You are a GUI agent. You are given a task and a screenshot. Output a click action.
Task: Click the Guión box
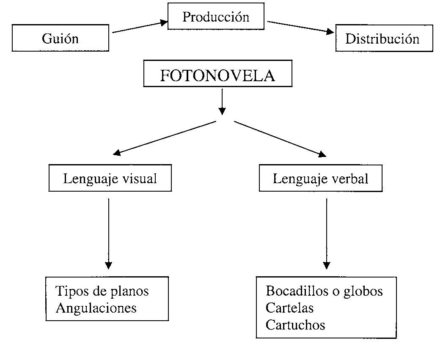point(60,38)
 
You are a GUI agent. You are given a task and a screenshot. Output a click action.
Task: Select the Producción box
point(216,16)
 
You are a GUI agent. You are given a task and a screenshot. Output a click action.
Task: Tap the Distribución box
point(384,38)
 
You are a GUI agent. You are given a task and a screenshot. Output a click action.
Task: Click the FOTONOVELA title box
point(218,74)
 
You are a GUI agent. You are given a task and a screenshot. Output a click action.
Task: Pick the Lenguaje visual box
point(110,178)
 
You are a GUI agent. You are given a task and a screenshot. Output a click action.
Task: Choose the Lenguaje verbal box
point(321,178)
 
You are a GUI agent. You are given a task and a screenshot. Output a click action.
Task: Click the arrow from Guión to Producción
point(140,27)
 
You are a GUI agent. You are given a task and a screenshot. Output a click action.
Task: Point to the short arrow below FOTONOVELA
point(223,102)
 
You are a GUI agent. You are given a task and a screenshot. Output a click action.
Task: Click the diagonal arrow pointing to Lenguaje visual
point(165,138)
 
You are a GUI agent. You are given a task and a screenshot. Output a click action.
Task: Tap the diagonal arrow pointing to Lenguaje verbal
point(280,139)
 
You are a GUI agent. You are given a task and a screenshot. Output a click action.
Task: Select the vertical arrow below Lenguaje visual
point(108,234)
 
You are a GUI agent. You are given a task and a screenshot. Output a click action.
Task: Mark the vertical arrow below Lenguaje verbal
point(327,234)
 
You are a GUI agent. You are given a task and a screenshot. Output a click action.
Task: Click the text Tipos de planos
point(102,291)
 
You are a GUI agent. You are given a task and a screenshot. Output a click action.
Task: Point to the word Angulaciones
point(96,308)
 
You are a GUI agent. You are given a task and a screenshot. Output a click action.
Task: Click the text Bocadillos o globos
point(325,291)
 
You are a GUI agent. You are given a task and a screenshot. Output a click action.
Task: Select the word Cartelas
point(289,308)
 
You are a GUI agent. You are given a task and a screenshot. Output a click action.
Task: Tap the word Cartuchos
point(295,325)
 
